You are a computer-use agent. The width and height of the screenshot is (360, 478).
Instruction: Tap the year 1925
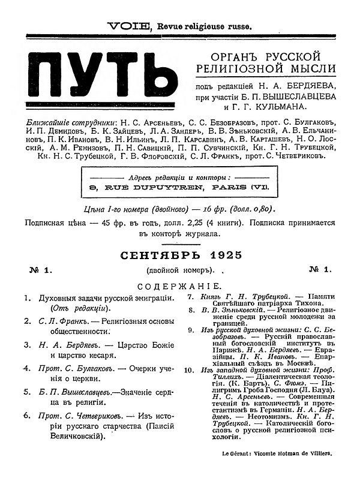pos(222,255)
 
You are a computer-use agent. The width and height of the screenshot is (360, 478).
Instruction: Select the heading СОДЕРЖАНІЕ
pos(179,287)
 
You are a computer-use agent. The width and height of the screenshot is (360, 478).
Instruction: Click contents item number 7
pos(190,297)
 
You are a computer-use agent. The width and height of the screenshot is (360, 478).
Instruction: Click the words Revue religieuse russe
pos(205,26)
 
